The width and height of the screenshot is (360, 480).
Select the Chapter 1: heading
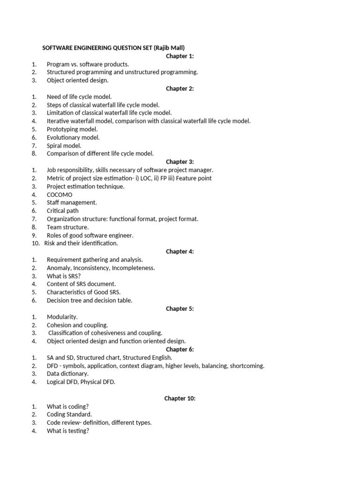[x=180, y=56]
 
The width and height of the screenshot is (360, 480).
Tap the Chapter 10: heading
[x=180, y=398]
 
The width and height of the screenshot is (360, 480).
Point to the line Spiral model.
[x=64, y=146]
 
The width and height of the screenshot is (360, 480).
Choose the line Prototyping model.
[x=72, y=129]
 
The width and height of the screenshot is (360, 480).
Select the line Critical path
[x=63, y=211]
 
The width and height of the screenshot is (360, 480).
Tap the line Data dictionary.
[x=67, y=374]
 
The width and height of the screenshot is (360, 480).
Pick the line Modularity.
[x=62, y=317]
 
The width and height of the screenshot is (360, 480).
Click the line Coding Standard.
[x=69, y=414]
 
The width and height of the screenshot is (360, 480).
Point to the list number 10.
[x=36, y=243]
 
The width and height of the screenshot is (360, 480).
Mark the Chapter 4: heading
[x=180, y=252]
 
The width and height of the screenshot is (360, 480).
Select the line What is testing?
[x=68, y=431]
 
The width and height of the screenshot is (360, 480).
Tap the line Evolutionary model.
[x=73, y=137]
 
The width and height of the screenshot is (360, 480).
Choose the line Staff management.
[x=72, y=202]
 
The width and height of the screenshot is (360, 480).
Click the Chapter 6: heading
[x=180, y=349]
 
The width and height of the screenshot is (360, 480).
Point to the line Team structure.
[x=67, y=227]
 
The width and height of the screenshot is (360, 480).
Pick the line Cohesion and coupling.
[x=77, y=325]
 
